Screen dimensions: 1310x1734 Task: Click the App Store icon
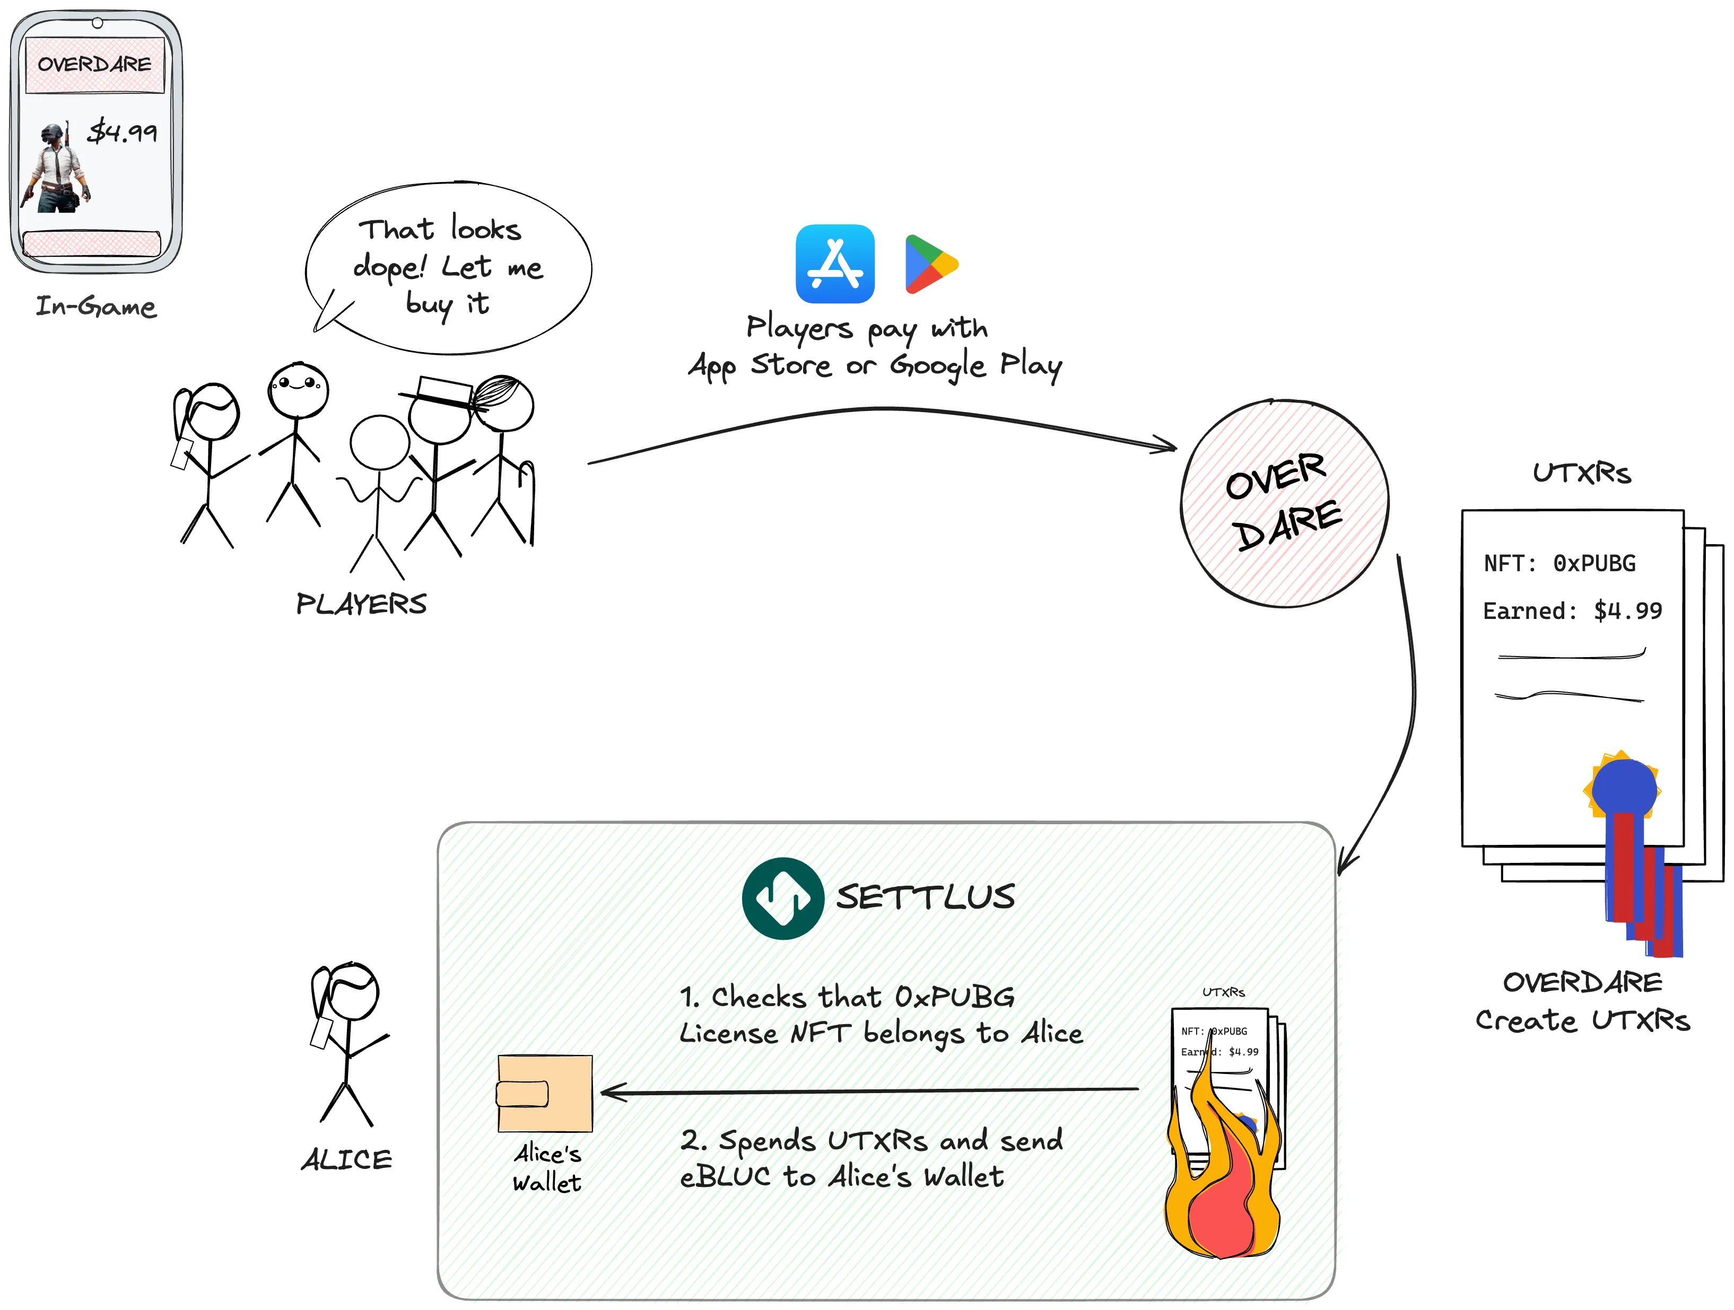[835, 264]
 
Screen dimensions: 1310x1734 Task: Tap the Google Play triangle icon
[928, 264]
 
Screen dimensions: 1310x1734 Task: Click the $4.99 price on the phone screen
[123, 132]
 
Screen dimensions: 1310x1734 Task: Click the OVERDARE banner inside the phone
[95, 64]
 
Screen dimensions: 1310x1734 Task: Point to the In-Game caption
[95, 305]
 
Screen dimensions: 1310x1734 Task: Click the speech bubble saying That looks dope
[448, 267]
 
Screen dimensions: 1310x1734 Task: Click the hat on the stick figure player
[441, 392]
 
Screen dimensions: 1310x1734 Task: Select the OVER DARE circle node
[1284, 503]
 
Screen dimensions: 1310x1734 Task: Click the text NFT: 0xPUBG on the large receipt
[1559, 563]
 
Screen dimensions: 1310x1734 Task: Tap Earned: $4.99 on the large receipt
[1572, 610]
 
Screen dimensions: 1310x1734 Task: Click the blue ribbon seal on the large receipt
[1624, 788]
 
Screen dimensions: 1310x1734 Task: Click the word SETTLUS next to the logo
[925, 897]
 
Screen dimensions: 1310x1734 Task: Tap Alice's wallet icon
[545, 1093]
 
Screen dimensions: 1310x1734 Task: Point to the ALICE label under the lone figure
[346, 1159]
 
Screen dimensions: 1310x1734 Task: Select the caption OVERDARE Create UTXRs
[1582, 1001]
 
